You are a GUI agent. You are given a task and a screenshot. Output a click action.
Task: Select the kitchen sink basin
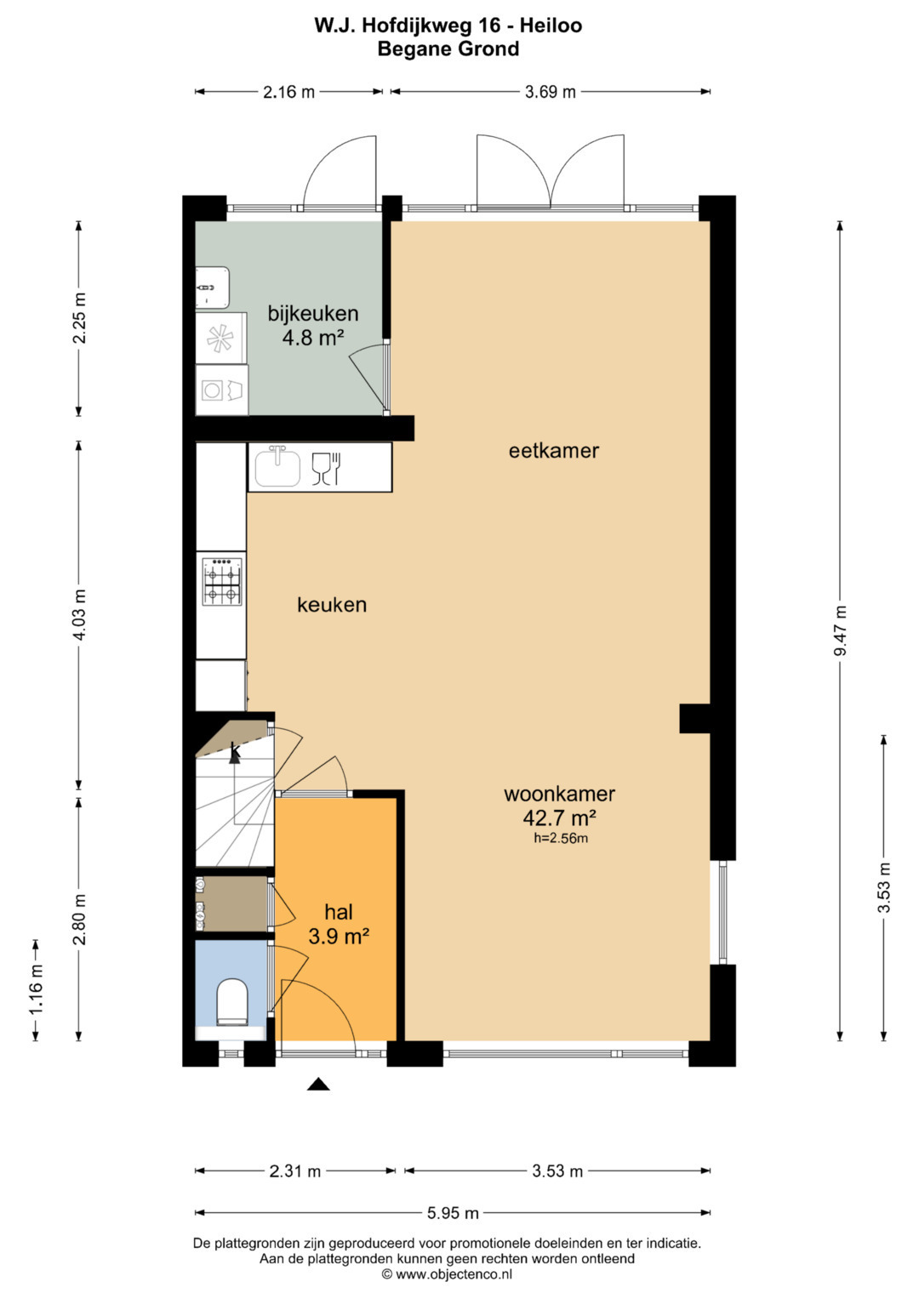pos(278,467)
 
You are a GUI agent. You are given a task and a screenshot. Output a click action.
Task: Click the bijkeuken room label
pos(313,314)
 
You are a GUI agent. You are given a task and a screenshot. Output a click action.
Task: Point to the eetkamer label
pos(553,451)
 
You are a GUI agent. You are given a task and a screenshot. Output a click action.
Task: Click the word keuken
pos(332,605)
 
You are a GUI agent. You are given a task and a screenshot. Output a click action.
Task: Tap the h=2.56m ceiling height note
pos(561,838)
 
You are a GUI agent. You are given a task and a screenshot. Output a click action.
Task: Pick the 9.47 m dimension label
pos(840,630)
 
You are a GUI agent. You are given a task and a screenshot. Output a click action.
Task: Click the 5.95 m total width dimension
pos(453,1213)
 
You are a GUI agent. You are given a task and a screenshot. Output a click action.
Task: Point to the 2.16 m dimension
pos(288,92)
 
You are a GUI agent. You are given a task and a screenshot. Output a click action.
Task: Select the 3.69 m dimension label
pos(550,92)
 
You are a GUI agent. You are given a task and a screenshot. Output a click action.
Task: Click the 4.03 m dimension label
pos(79,615)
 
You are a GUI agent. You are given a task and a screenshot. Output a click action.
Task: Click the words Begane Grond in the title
pos(448,48)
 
